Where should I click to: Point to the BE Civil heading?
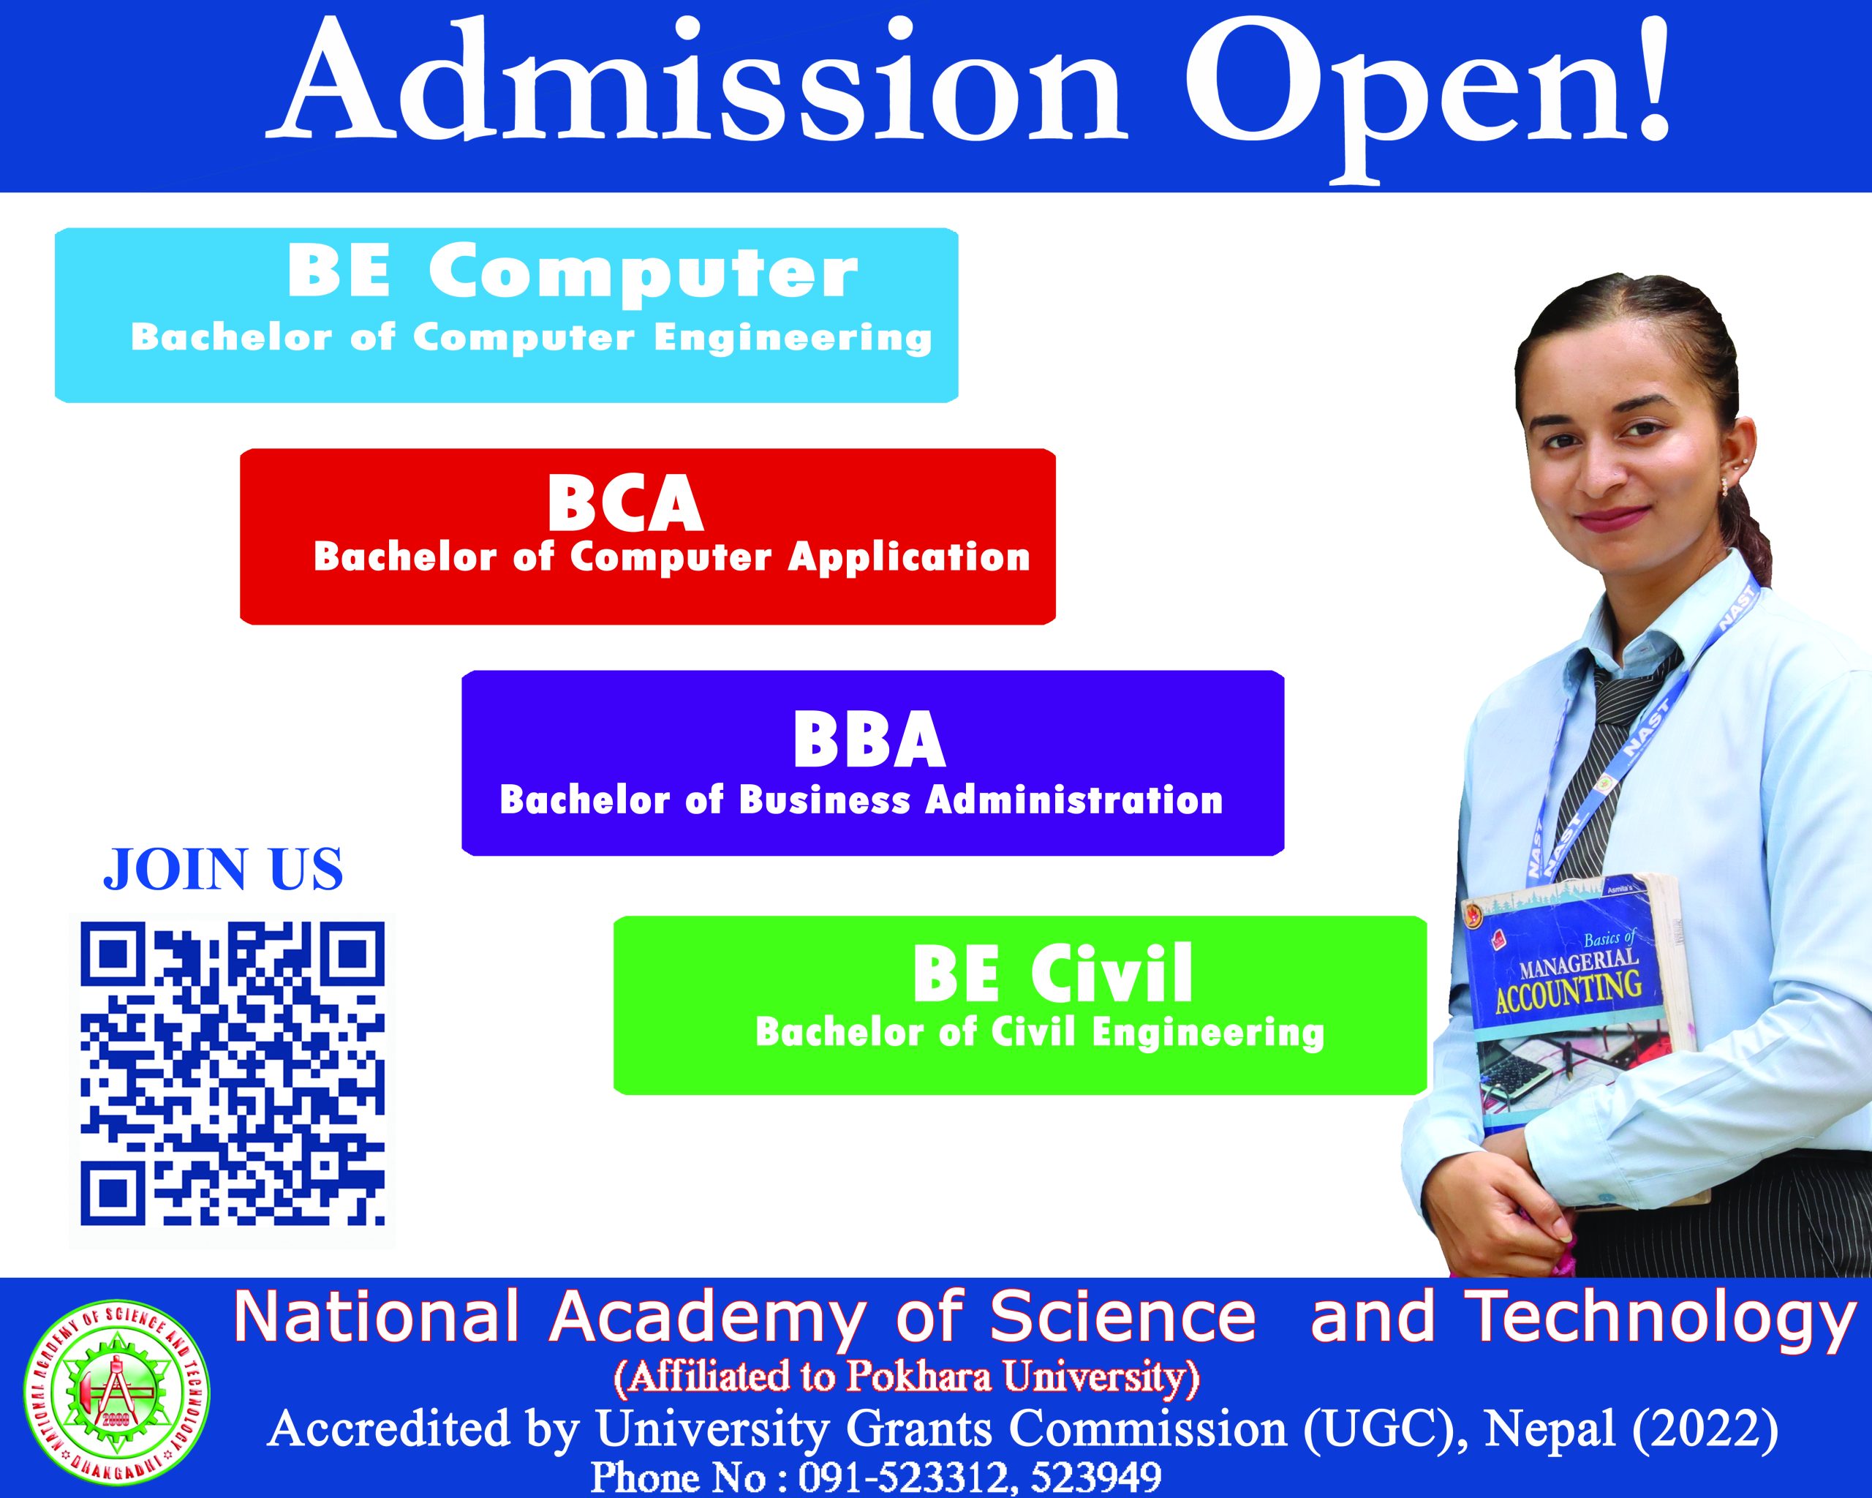coord(1052,974)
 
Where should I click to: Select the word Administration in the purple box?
coord(1074,799)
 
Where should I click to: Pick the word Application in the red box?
coord(909,557)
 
